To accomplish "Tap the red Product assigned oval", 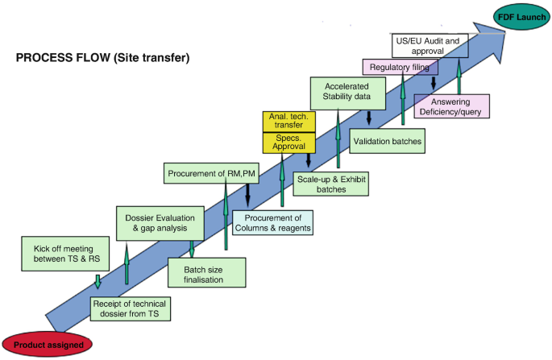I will pos(48,343).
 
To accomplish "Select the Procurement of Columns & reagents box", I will pos(273,222).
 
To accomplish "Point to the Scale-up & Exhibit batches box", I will pos(330,184).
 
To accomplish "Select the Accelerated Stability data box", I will pos(347,92).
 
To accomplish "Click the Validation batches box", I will pos(388,142).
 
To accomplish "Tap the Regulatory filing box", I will pos(401,67).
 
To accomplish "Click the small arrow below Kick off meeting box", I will pos(98,281).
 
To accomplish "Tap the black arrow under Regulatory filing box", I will pos(434,83).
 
